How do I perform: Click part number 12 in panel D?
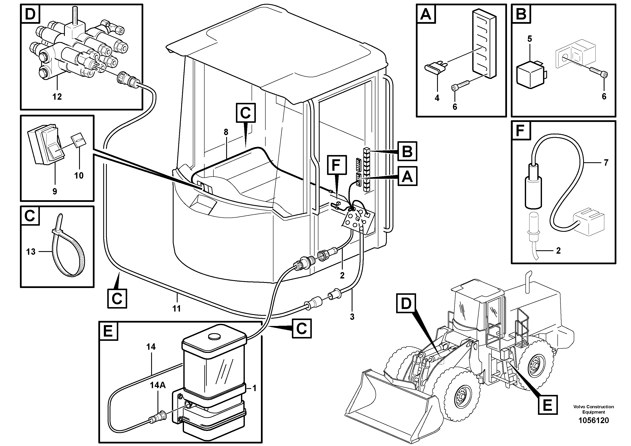click(x=57, y=96)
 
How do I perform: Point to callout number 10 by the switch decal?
click(x=79, y=175)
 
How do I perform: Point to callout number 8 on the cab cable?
click(x=226, y=132)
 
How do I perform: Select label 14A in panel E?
click(x=157, y=385)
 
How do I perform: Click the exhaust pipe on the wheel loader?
click(x=527, y=286)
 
